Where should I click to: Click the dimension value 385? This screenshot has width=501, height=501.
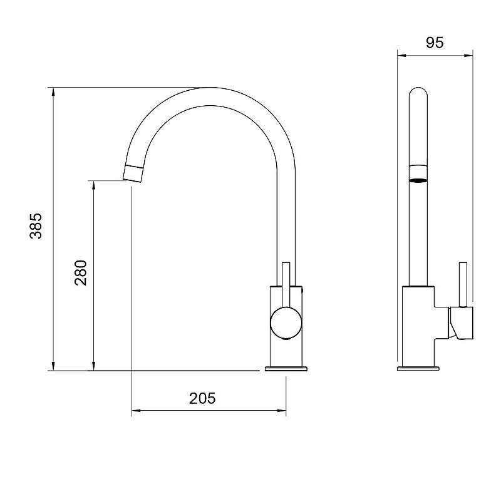click(x=36, y=226)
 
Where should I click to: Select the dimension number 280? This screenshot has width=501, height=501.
click(x=80, y=272)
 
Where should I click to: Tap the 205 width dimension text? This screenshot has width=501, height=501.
click(x=202, y=398)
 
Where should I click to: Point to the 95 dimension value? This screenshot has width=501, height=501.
click(x=435, y=43)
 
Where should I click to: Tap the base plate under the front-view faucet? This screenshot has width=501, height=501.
click(x=287, y=368)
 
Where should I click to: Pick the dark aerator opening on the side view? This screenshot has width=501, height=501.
click(x=419, y=180)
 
